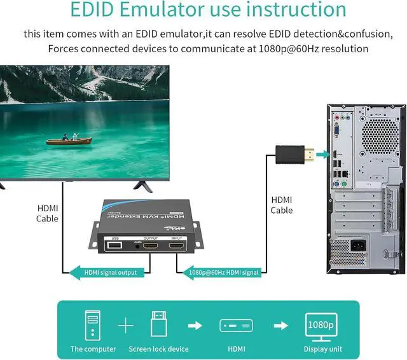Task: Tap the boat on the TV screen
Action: click(71, 138)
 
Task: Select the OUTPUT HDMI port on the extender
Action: click(150, 245)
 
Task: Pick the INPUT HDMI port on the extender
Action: click(176, 245)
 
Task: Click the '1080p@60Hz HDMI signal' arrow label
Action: click(223, 273)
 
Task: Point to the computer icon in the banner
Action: click(93, 326)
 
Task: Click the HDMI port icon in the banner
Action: click(236, 326)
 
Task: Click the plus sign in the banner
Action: click(126, 326)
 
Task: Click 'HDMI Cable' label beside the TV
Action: click(48, 213)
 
